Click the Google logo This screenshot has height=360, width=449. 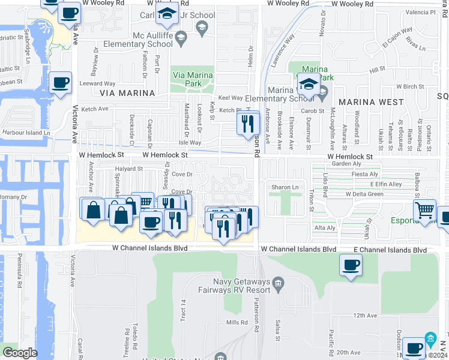coord(19,353)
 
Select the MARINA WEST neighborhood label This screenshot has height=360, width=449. coord(371,102)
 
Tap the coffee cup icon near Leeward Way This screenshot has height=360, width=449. coord(60,83)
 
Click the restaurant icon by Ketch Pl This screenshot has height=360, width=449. coord(246,124)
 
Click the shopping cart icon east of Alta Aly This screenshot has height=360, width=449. coord(425,210)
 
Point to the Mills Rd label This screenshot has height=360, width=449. coord(237,323)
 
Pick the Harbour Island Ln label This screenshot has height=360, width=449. coord(26,133)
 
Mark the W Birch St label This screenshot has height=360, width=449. coord(410,86)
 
